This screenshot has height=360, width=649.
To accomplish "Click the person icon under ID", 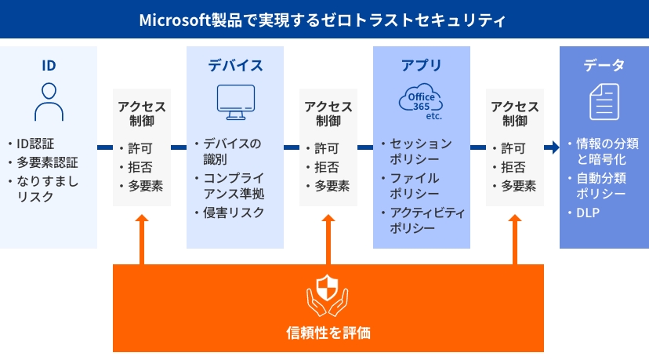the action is click(49, 102).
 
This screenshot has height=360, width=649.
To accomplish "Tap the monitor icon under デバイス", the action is click(236, 102).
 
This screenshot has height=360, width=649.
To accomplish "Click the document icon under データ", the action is click(604, 101).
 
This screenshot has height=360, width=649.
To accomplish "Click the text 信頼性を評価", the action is click(328, 333).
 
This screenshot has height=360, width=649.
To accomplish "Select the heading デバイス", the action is click(235, 65).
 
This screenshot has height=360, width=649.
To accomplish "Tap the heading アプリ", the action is click(422, 65).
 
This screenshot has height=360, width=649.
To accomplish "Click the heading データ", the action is click(604, 65).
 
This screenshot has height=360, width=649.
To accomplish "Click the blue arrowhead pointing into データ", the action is click(555, 147).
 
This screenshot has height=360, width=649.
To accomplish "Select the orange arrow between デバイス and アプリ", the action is click(328, 239).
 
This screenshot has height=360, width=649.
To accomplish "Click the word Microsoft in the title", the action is click(175, 20).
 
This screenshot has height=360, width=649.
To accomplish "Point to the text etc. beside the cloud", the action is click(433, 116).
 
